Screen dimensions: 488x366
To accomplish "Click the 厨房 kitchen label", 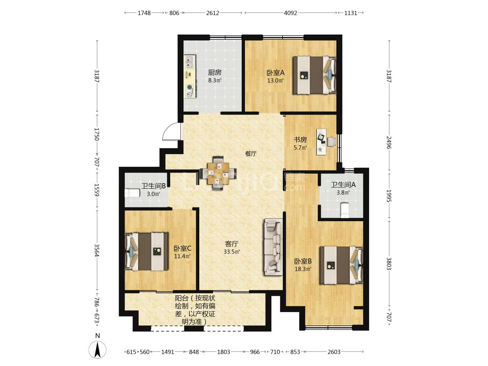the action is [215, 73].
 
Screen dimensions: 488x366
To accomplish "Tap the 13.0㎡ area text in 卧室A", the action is [276, 80].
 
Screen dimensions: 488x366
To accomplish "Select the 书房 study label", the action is [300, 140].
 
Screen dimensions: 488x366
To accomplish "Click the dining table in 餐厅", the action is [218, 173].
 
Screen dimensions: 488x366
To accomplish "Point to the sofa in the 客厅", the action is [273, 247].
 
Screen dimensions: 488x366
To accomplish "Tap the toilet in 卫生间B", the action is [132, 193].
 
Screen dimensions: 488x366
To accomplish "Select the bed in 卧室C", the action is [146, 251].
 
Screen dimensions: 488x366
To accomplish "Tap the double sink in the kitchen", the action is [190, 62].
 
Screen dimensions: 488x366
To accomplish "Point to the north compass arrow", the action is [97, 350].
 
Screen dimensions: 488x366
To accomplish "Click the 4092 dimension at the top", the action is [290, 13].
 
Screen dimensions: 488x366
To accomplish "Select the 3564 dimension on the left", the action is [97, 250].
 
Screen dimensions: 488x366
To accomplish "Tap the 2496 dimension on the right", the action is [389, 142].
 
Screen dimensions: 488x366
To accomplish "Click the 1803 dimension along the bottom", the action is [223, 352].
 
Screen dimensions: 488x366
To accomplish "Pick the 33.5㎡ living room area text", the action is [232, 252].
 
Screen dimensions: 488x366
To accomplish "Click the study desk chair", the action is [331, 142].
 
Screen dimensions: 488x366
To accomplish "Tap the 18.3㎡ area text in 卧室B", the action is [303, 269].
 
